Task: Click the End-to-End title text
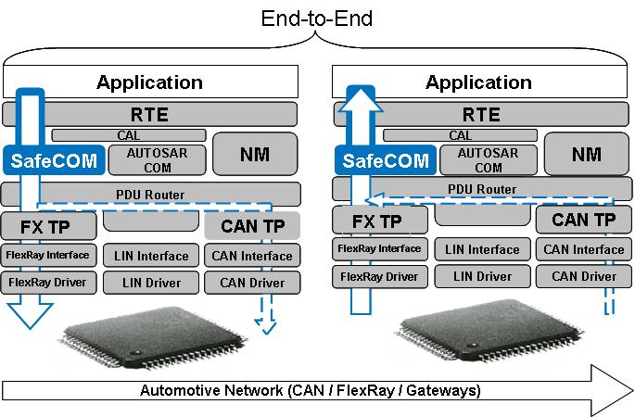tap(317, 19)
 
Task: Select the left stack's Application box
tap(151, 82)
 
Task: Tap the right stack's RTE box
tap(481, 115)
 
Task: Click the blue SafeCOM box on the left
tap(54, 160)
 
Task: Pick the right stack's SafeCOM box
tap(386, 160)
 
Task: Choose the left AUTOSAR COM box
tap(158, 160)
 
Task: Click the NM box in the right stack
tap(587, 154)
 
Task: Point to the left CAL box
tap(129, 135)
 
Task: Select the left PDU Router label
tap(150, 195)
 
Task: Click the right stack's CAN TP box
tap(584, 220)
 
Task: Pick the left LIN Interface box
tap(151, 256)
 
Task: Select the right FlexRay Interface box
tap(380, 248)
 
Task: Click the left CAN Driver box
tap(252, 283)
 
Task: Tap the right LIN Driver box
tap(482, 276)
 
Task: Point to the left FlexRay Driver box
tap(48, 283)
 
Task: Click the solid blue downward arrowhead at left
tap(30, 315)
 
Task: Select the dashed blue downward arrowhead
tap(266, 326)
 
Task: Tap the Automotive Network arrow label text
tap(311, 390)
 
